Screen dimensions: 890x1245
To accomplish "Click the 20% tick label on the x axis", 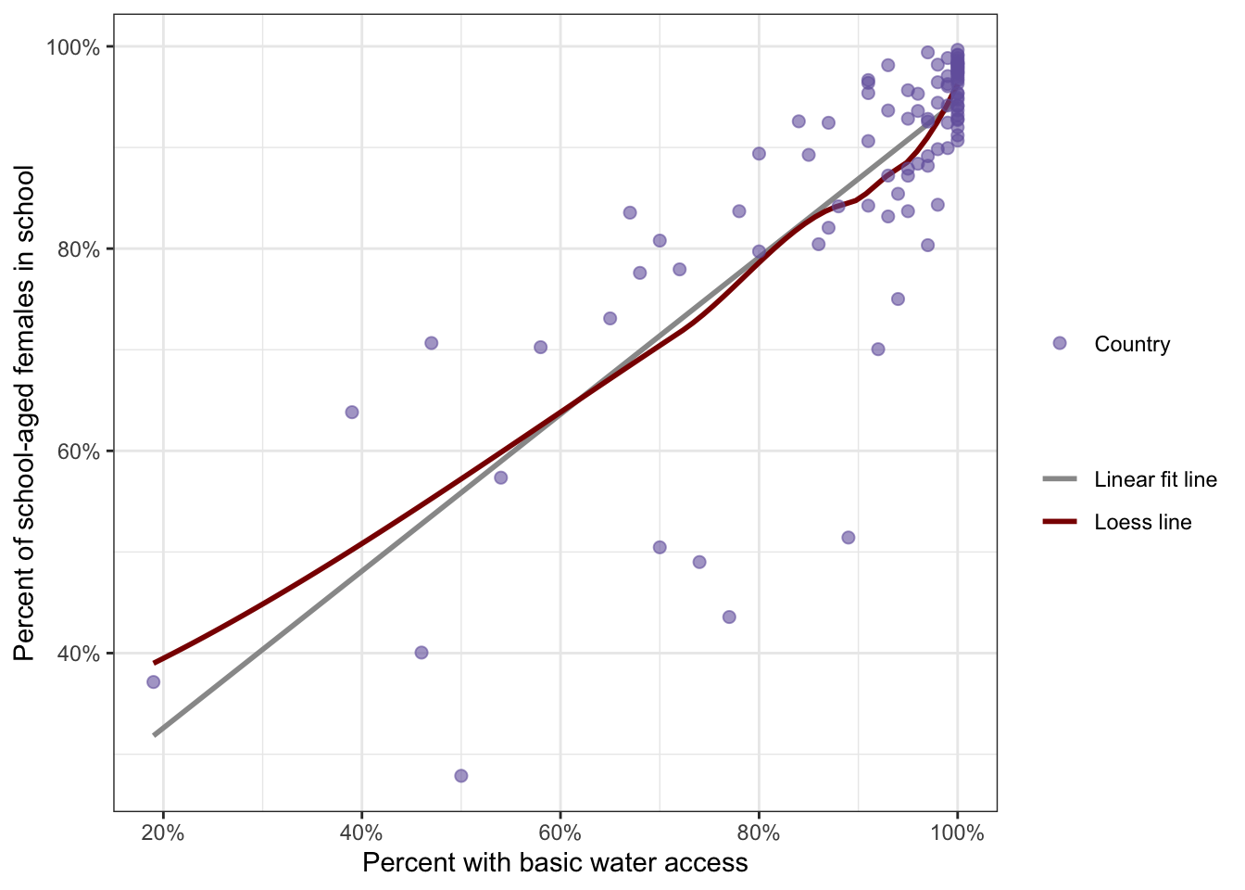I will (163, 833).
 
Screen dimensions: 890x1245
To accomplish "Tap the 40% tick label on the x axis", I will (361, 833).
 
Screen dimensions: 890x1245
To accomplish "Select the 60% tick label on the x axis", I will (560, 833).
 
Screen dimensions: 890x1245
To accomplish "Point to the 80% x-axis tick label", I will (759, 833).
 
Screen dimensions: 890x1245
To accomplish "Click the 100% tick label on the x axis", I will (957, 833).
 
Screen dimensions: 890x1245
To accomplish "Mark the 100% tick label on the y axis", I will (74, 47).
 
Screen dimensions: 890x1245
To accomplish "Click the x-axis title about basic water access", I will (555, 863).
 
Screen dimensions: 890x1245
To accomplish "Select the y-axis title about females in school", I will (25, 413).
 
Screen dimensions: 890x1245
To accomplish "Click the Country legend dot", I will (1060, 343).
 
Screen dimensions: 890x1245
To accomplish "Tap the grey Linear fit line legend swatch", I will (1060, 479).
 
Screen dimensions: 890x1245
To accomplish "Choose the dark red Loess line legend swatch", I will (1060, 522).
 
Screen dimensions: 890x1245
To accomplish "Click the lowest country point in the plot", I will (461, 776).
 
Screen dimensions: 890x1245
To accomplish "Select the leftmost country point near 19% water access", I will (153, 682).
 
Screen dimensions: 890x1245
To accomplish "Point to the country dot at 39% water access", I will (352, 413).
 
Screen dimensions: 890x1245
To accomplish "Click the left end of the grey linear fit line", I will (155, 734).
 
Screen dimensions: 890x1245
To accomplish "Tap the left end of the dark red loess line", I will (155, 662).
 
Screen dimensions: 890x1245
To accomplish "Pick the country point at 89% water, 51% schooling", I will (848, 538).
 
